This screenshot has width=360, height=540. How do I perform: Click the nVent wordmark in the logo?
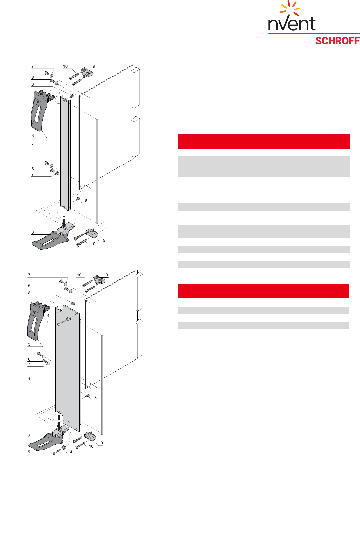pyautogui.click(x=292, y=24)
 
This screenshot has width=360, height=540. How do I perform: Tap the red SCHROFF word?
pyautogui.click(x=337, y=41)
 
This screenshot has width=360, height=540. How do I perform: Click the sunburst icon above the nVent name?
pyautogui.click(x=290, y=8)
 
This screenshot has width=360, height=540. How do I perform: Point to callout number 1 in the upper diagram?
pyautogui.click(x=33, y=145)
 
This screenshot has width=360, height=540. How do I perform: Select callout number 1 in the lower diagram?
pyautogui.click(x=29, y=379)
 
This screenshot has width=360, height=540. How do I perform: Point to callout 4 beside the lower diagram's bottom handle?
pyautogui.click(x=71, y=452)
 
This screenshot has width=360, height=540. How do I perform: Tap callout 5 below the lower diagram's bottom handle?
pyautogui.click(x=29, y=452)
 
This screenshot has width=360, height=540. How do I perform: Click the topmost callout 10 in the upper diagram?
pyautogui.click(x=65, y=66)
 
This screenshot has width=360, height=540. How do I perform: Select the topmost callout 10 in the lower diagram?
pyautogui.click(x=79, y=275)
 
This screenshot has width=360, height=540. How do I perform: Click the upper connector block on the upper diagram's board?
pyautogui.click(x=135, y=88)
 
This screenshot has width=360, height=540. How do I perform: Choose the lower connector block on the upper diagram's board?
pyautogui.click(x=135, y=137)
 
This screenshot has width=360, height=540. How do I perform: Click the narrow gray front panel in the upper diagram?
pyautogui.click(x=65, y=153)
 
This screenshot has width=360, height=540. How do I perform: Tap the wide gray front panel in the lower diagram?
pyautogui.click(x=68, y=369)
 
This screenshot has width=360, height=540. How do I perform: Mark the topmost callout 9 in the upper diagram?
pyautogui.click(x=94, y=66)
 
